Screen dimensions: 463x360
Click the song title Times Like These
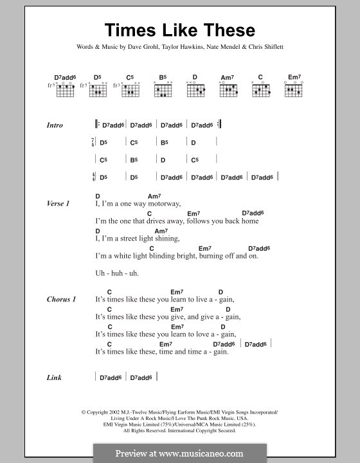click(x=180, y=30)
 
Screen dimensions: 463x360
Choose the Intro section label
click(x=55, y=125)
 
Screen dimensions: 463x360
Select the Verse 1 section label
click(x=58, y=203)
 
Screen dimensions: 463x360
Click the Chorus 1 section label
click(x=61, y=300)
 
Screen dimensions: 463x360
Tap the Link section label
click(x=54, y=378)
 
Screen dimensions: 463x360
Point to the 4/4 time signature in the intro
click(x=94, y=177)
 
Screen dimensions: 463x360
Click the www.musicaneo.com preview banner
click(x=180, y=452)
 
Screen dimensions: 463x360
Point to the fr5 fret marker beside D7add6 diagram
click(x=50, y=86)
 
